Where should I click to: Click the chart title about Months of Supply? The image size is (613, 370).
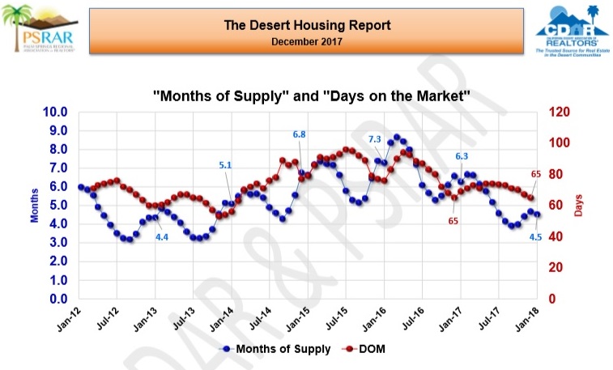[x=312, y=96]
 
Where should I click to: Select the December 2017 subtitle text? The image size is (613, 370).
[x=307, y=40]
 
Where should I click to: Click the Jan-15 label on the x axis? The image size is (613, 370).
[x=297, y=319]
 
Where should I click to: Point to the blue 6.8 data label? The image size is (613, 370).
[x=299, y=134]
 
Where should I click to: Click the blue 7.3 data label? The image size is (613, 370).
[x=374, y=139]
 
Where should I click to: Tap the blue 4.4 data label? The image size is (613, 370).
[x=162, y=236]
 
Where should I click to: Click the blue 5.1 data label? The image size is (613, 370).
[x=226, y=166]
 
